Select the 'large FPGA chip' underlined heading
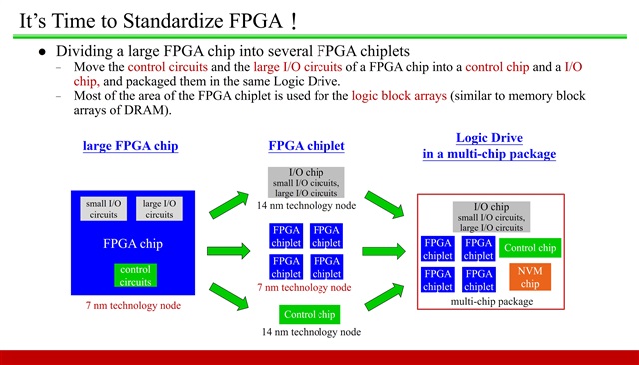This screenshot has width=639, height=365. (x=131, y=147)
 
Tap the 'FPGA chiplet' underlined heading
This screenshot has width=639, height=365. (x=306, y=146)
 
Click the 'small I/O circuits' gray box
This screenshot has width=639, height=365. (x=103, y=208)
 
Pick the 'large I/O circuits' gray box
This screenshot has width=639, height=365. (x=159, y=208)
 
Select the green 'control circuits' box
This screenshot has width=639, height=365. (x=135, y=275)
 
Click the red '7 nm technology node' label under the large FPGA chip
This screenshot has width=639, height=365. (x=134, y=305)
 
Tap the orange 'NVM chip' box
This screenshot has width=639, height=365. (x=530, y=277)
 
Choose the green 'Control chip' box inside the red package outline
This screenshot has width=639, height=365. (x=530, y=248)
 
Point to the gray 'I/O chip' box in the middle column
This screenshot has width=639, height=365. (x=306, y=182)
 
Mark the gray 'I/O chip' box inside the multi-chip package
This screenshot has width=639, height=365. (x=490, y=217)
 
